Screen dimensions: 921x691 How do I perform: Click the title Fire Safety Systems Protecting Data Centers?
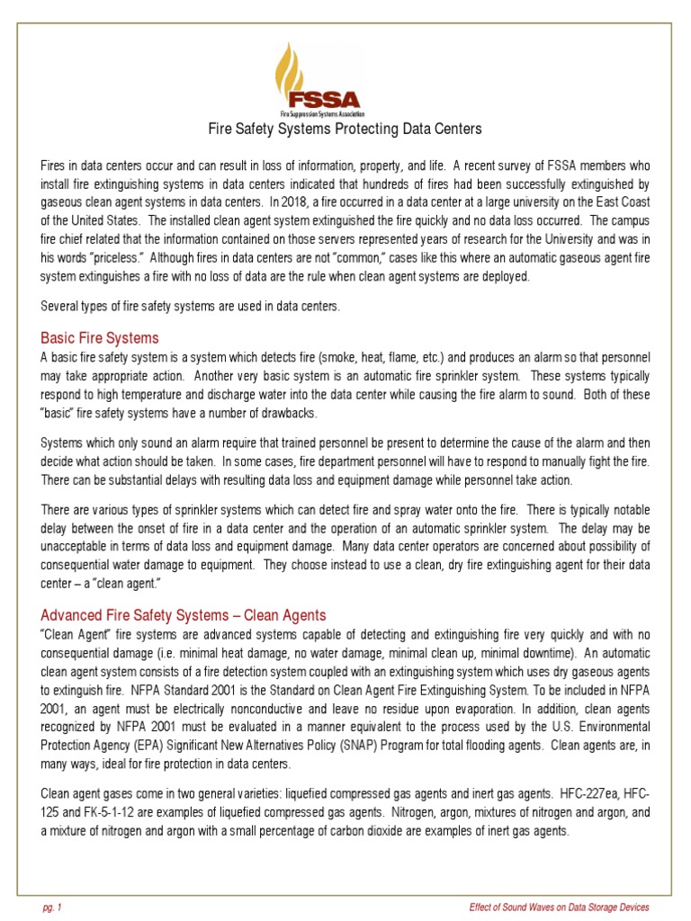[345, 130]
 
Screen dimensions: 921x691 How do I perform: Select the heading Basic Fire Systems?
[100, 338]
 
